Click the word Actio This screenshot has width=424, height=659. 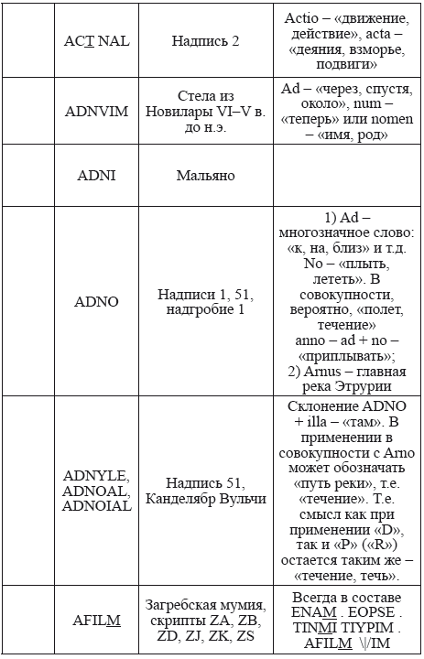pos(303,18)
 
